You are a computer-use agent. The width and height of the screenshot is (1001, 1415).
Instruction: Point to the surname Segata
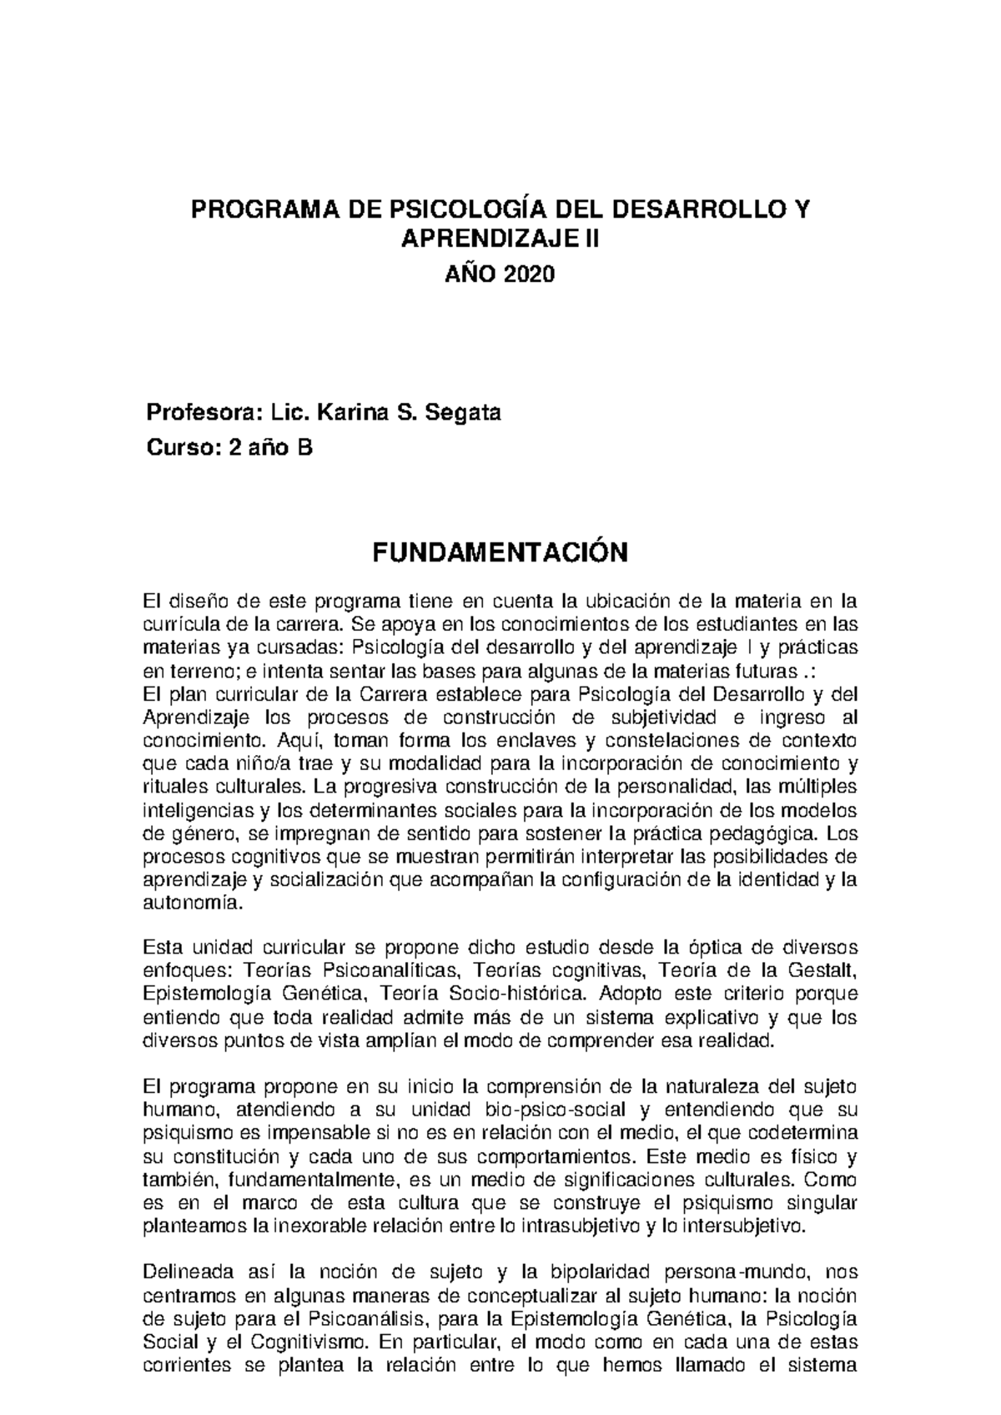(463, 412)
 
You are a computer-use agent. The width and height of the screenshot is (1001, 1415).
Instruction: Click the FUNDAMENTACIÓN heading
(499, 552)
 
